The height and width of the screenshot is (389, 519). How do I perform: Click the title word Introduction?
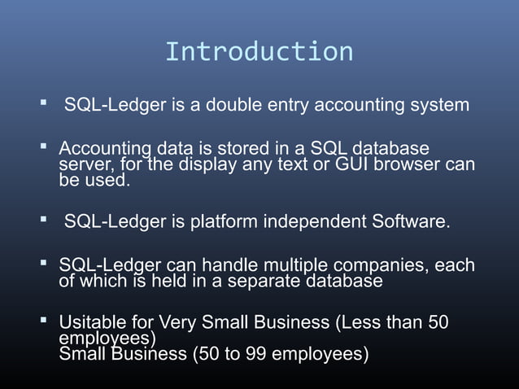tap(259, 51)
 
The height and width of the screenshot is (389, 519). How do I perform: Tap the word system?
tap(440, 105)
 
